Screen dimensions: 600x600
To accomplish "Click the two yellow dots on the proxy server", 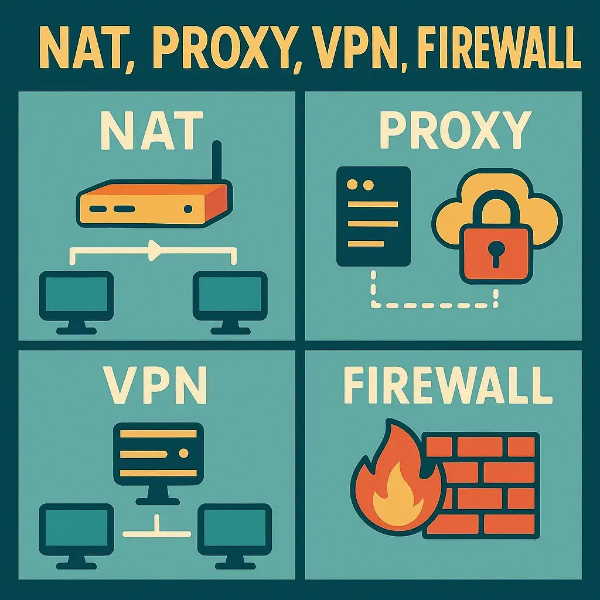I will coord(360,185).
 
